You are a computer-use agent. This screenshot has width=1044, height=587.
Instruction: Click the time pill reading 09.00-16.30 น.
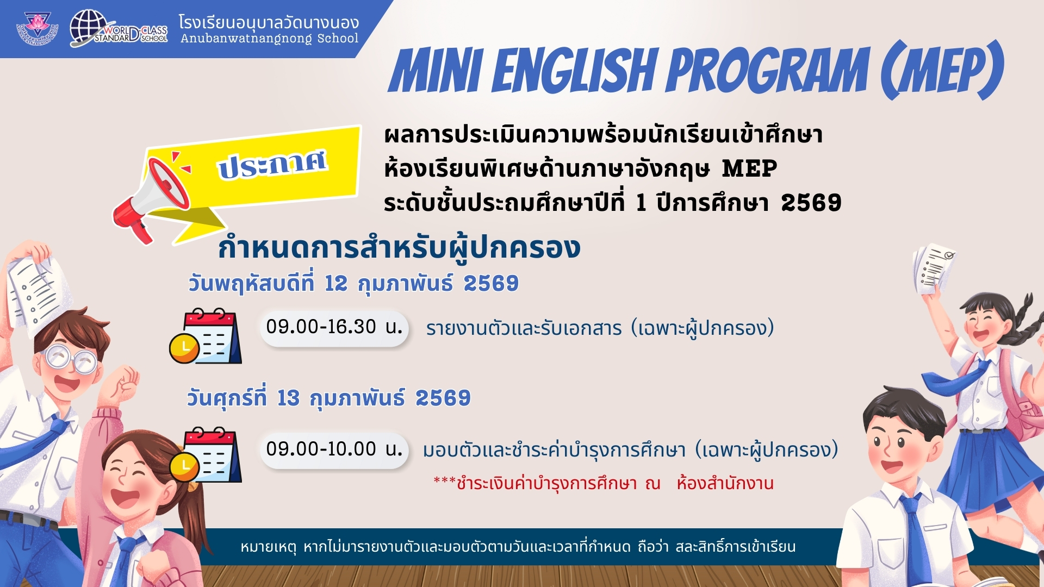point(334,327)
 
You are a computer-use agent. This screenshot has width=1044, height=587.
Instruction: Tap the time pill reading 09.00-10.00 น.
point(334,449)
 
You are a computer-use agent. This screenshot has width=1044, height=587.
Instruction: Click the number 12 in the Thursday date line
point(335,284)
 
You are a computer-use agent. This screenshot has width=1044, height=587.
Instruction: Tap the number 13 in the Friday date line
point(288,398)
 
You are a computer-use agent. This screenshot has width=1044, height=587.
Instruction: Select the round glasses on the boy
point(71,359)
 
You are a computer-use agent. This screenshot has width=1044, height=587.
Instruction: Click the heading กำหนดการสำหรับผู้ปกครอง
point(399,248)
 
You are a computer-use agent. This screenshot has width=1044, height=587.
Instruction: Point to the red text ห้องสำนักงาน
point(725,483)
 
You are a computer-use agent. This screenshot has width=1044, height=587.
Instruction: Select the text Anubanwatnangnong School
point(270,39)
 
